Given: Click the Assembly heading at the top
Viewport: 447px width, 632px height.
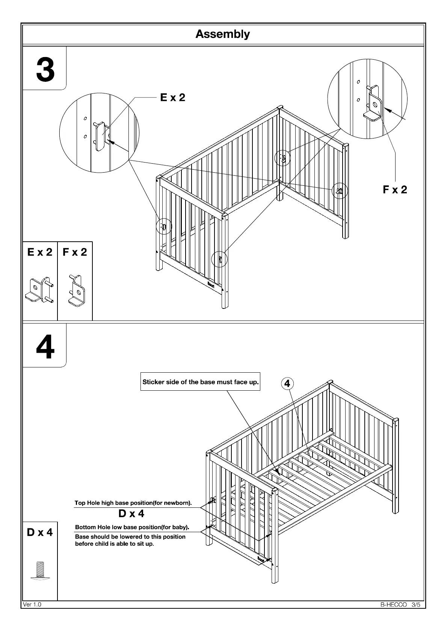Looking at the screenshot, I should [222, 34].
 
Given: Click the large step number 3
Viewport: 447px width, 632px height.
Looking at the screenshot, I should [45, 70].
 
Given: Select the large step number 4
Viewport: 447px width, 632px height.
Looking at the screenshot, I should [45, 347].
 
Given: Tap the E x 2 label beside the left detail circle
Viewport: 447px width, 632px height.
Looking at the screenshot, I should [172, 98].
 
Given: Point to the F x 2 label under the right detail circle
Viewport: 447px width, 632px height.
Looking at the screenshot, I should [395, 190].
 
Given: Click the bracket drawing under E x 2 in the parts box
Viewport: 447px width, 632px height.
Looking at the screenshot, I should [40, 290].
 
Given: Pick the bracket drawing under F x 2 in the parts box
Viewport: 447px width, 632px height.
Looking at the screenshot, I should [77, 290].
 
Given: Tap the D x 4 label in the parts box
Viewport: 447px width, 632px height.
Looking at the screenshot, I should [40, 532].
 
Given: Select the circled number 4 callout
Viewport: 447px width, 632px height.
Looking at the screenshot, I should [287, 383].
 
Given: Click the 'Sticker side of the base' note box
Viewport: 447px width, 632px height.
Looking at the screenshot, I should [200, 382].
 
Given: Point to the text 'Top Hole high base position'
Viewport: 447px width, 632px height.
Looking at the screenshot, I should [133, 503].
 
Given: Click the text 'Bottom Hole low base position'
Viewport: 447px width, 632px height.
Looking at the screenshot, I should [132, 527].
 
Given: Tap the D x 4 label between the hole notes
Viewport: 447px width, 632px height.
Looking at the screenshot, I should [131, 513].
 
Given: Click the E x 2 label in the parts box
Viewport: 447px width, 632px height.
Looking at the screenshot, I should [40, 252].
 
